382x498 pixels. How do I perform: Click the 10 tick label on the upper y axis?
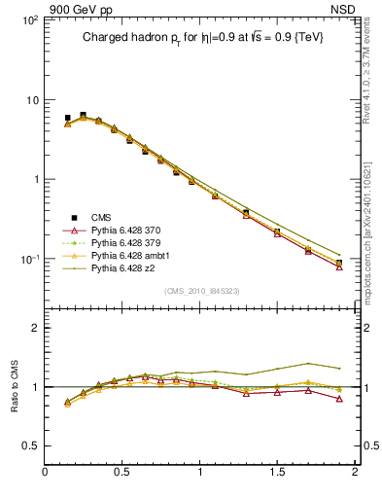pos(31,100)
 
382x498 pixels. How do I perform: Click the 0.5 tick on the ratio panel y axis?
pos(31,445)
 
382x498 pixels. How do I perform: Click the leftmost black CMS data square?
pos(67,119)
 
